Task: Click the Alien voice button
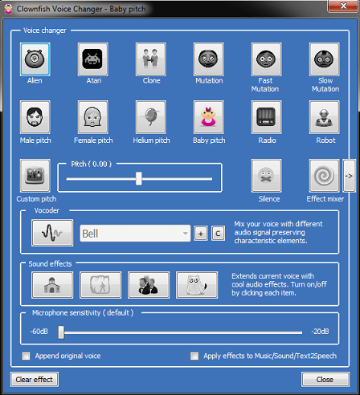[35, 59]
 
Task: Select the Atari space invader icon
[92, 59]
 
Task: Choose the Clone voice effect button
[150, 59]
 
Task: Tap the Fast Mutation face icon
[266, 59]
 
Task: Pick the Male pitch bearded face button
[35, 117]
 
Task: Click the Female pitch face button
[92, 117]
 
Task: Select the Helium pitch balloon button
[150, 117]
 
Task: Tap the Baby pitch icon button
[208, 117]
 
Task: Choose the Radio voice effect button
[266, 117]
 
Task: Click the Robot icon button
[324, 117]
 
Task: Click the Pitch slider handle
[139, 178]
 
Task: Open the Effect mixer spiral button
[324, 176]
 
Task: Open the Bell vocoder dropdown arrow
[185, 233]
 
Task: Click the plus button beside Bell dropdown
[201, 234]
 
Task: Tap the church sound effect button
[52, 285]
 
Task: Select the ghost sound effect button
[197, 285]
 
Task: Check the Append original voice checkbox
[27, 356]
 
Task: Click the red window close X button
[343, 6]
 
